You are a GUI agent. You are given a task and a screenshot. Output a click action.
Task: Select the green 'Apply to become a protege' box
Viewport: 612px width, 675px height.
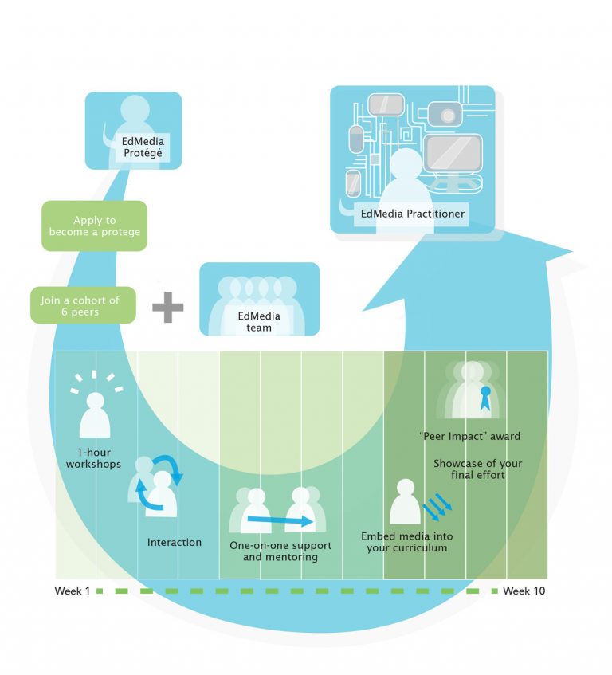(95, 226)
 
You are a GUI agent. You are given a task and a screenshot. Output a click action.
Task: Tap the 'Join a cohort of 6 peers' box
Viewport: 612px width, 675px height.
(82, 305)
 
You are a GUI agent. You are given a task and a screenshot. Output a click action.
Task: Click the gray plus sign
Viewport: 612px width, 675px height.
(167, 307)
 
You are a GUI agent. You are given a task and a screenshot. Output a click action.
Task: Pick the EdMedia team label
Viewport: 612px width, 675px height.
(259, 321)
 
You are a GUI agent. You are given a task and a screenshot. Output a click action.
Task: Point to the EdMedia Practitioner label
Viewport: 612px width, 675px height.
(412, 214)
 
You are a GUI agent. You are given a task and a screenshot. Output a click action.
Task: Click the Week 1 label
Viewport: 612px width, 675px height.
(73, 591)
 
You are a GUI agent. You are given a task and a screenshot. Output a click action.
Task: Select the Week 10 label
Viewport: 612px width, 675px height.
(524, 591)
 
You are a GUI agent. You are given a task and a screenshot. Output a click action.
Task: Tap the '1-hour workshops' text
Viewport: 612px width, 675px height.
(94, 457)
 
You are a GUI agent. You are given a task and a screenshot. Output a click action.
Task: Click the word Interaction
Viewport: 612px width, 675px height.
(175, 543)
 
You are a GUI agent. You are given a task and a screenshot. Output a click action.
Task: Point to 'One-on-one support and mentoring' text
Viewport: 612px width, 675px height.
(273, 551)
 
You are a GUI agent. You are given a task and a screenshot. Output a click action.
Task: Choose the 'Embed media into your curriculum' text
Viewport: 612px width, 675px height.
(403, 543)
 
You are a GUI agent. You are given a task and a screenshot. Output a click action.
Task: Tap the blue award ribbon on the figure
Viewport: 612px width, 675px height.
(483, 397)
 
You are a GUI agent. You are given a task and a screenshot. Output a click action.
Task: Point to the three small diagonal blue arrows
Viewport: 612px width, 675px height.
(436, 504)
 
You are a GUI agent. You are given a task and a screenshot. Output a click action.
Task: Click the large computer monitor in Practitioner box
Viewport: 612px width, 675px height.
(452, 153)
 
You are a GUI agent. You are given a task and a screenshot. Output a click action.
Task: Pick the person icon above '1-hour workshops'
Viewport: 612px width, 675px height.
(96, 414)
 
